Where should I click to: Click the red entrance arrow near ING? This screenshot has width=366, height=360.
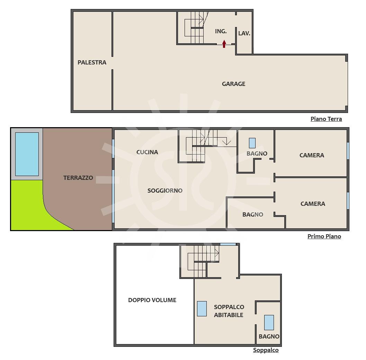click(224, 44)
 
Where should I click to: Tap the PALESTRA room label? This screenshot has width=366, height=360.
click(92, 62)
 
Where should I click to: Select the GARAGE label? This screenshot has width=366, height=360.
click(233, 84)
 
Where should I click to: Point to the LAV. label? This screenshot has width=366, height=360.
click(244, 33)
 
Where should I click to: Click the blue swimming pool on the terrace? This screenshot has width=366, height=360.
click(27, 154)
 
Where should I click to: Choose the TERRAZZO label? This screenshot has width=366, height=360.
click(78, 178)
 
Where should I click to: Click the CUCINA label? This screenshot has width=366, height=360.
click(147, 152)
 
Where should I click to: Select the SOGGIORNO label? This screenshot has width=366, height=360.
click(165, 191)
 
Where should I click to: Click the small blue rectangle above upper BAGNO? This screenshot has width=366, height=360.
click(252, 143)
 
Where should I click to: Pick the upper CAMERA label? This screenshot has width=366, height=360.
click(312, 155)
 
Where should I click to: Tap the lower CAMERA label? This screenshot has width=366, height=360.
click(313, 204)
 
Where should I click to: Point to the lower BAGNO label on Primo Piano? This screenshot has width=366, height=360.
click(252, 214)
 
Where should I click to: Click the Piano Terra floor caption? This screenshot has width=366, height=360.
click(326, 119)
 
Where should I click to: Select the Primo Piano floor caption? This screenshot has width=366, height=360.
click(324, 236)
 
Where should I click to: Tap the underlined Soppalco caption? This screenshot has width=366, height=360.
click(266, 350)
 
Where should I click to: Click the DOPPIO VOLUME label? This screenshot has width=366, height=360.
click(152, 300)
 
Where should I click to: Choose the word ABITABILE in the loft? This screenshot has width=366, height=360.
click(229, 315)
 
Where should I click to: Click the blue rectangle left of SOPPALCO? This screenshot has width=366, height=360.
click(202, 309)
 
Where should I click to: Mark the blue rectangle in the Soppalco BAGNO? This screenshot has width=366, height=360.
click(269, 322)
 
